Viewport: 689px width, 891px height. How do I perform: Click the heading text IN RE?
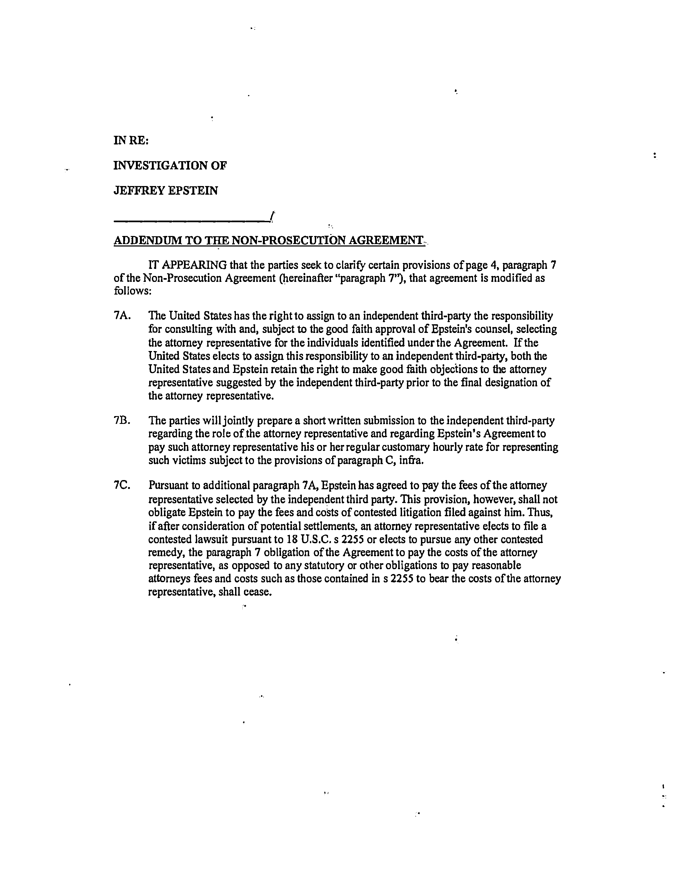131,141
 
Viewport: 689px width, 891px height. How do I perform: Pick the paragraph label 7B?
122,420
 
